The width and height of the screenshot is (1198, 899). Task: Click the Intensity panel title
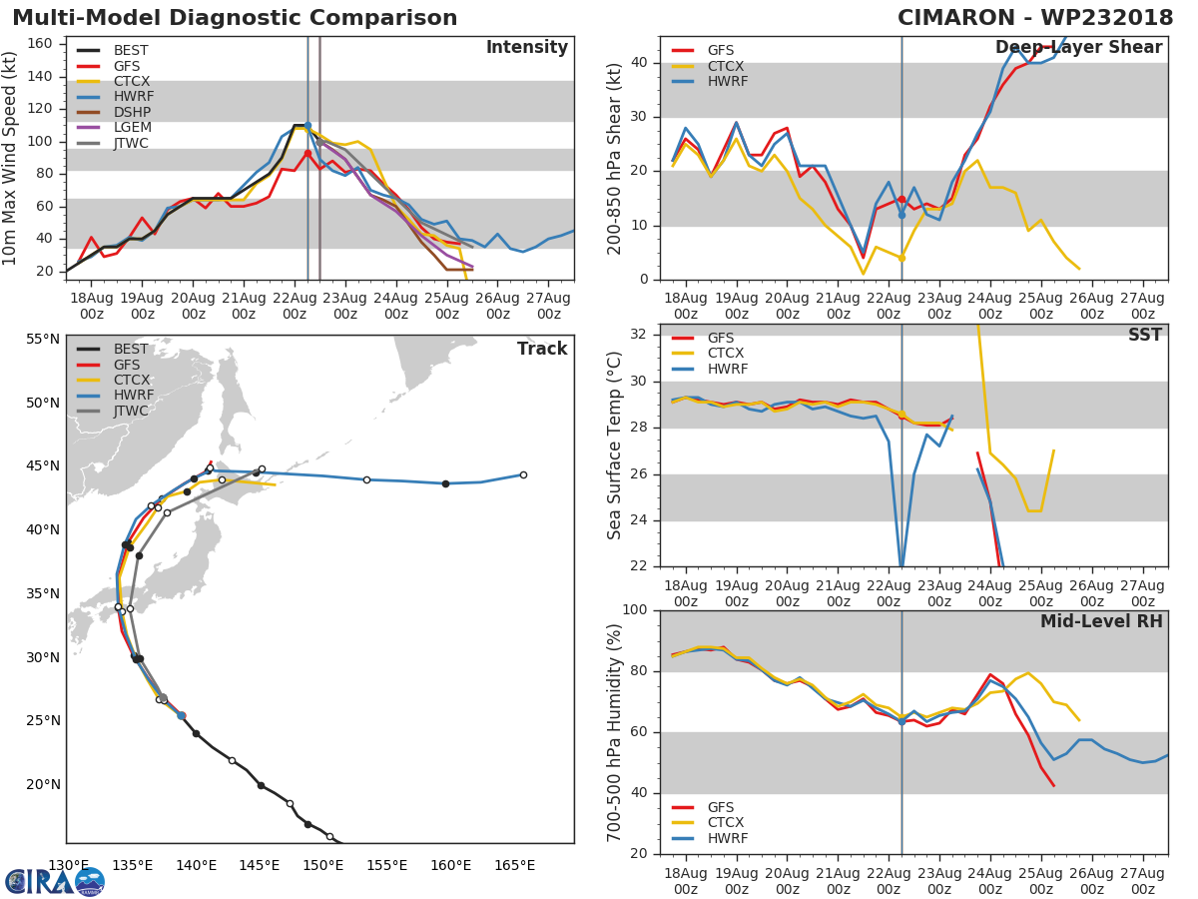(527, 48)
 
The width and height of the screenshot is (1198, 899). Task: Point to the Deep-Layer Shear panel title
(1078, 48)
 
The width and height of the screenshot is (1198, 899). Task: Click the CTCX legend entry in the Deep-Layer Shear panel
(708, 66)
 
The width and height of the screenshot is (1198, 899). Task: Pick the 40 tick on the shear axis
(639, 62)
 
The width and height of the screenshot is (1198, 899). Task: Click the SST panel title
(1145, 335)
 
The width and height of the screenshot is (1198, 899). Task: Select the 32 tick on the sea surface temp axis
(639, 334)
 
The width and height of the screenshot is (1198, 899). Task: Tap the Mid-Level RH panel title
(1101, 621)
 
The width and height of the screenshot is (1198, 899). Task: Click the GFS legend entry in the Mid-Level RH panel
(703, 807)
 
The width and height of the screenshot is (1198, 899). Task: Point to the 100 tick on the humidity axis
(635, 609)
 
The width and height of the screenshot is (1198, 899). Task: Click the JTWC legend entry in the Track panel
(113, 411)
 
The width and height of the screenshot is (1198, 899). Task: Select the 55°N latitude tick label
(43, 339)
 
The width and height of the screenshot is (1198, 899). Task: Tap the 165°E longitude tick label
(515, 865)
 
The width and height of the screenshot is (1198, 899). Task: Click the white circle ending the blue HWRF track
(523, 474)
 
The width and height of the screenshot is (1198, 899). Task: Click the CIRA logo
(55, 881)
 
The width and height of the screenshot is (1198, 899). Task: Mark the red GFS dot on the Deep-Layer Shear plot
(901, 200)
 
